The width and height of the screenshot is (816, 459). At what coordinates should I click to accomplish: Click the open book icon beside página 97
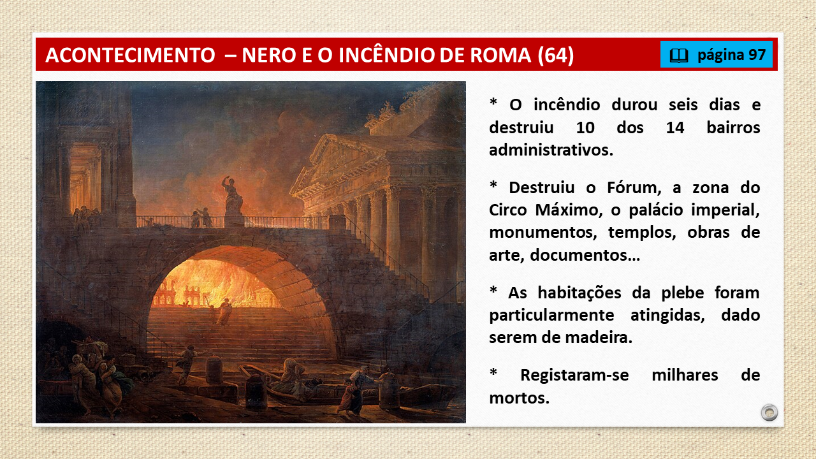coord(679,55)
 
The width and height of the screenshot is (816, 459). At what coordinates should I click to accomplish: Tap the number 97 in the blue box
coord(757,55)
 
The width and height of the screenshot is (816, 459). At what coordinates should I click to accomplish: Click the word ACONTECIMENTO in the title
coord(131,55)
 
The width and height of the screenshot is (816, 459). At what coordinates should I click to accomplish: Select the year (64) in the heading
coord(556,55)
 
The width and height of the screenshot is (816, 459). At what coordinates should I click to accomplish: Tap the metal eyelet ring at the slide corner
coord(769,412)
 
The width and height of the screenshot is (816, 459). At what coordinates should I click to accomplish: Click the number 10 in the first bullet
coord(585,128)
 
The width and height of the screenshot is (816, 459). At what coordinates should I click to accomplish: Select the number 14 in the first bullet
coord(674,128)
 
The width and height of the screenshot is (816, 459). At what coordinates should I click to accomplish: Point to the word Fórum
coord(634,188)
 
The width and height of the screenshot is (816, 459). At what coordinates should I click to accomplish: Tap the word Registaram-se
coord(574,375)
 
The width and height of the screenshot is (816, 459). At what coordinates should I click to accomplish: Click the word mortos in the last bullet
coord(519,398)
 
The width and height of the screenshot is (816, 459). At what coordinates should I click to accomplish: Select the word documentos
coord(585,255)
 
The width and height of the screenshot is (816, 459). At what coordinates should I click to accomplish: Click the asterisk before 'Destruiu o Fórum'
coord(493,184)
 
